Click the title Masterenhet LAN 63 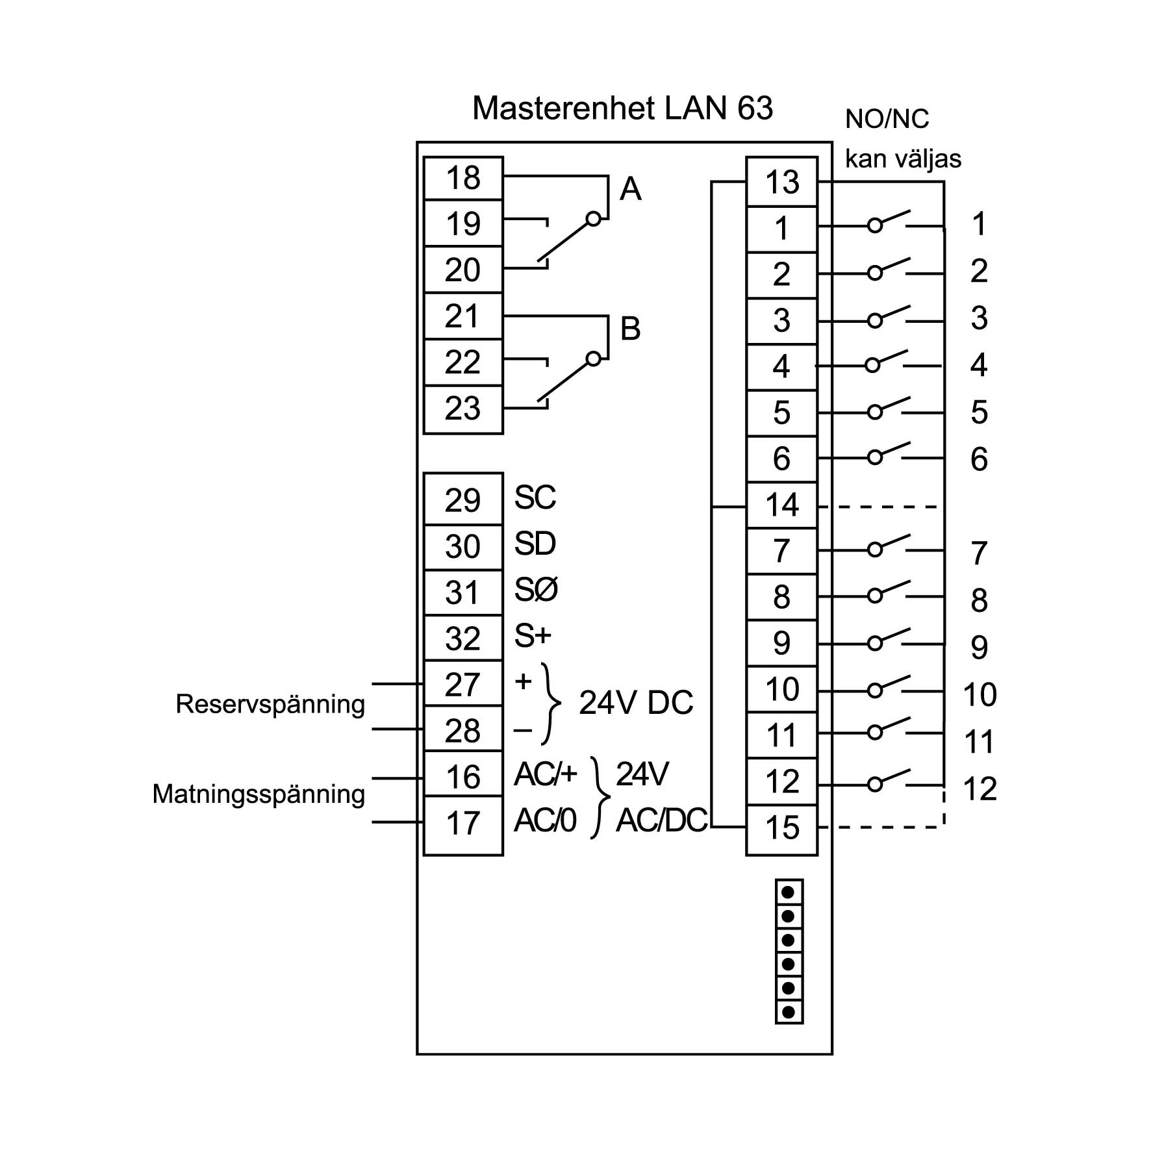[x=622, y=108]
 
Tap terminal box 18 [x=462, y=178]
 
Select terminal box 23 [x=462, y=409]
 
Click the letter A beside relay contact [x=630, y=189]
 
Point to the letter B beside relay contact [x=630, y=329]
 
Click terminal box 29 [x=462, y=500]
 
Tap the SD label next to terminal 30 [x=535, y=544]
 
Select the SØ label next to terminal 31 [x=536, y=590]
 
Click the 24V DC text [x=636, y=703]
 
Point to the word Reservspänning [x=270, y=704]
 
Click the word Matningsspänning [x=259, y=794]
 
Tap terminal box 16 [x=462, y=777]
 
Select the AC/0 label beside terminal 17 [x=545, y=822]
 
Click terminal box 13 [x=781, y=183]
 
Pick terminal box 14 [x=781, y=505]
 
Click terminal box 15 [x=781, y=828]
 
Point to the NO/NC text [x=887, y=120]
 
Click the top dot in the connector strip [x=789, y=892]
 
